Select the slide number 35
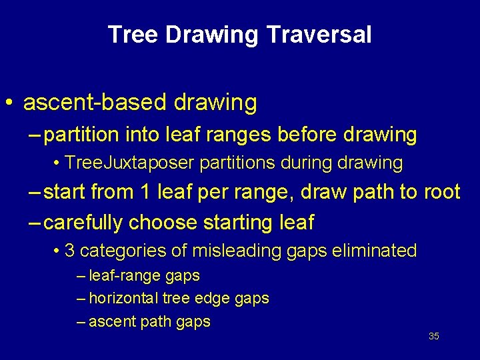(433, 336)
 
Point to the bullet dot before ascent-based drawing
(9, 103)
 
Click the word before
(305, 135)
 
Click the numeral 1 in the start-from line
(145, 192)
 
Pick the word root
(441, 192)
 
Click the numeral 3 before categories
(69, 251)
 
